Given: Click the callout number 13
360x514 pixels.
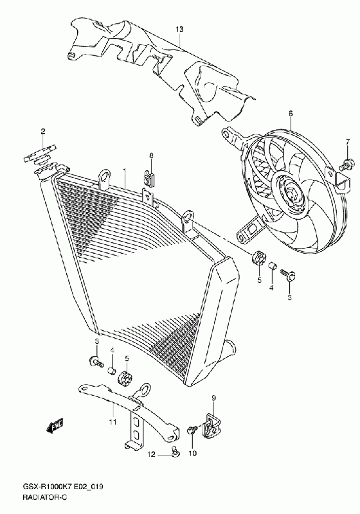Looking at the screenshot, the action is (x=179, y=30).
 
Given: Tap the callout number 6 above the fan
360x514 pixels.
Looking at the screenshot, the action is (x=291, y=114).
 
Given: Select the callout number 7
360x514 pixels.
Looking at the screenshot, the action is (x=348, y=142).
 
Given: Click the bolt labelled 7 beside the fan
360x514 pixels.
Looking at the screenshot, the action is (x=346, y=164).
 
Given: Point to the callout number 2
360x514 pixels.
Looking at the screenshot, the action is (x=43, y=132).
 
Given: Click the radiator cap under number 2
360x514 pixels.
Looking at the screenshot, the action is (x=40, y=155).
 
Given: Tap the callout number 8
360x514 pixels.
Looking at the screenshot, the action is (x=151, y=155).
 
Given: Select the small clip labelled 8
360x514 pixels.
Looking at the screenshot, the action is (x=149, y=178).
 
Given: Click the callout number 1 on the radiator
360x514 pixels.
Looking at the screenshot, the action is (x=125, y=171).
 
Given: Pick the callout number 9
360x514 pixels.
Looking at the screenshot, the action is (x=213, y=398).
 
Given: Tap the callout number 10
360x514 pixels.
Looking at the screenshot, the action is (x=192, y=454).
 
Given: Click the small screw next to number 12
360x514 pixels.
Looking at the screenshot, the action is (x=175, y=453).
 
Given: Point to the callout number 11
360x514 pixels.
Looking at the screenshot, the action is (x=113, y=422).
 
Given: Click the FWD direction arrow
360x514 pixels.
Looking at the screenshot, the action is (x=55, y=427).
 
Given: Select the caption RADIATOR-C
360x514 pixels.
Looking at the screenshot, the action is (x=44, y=497).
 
